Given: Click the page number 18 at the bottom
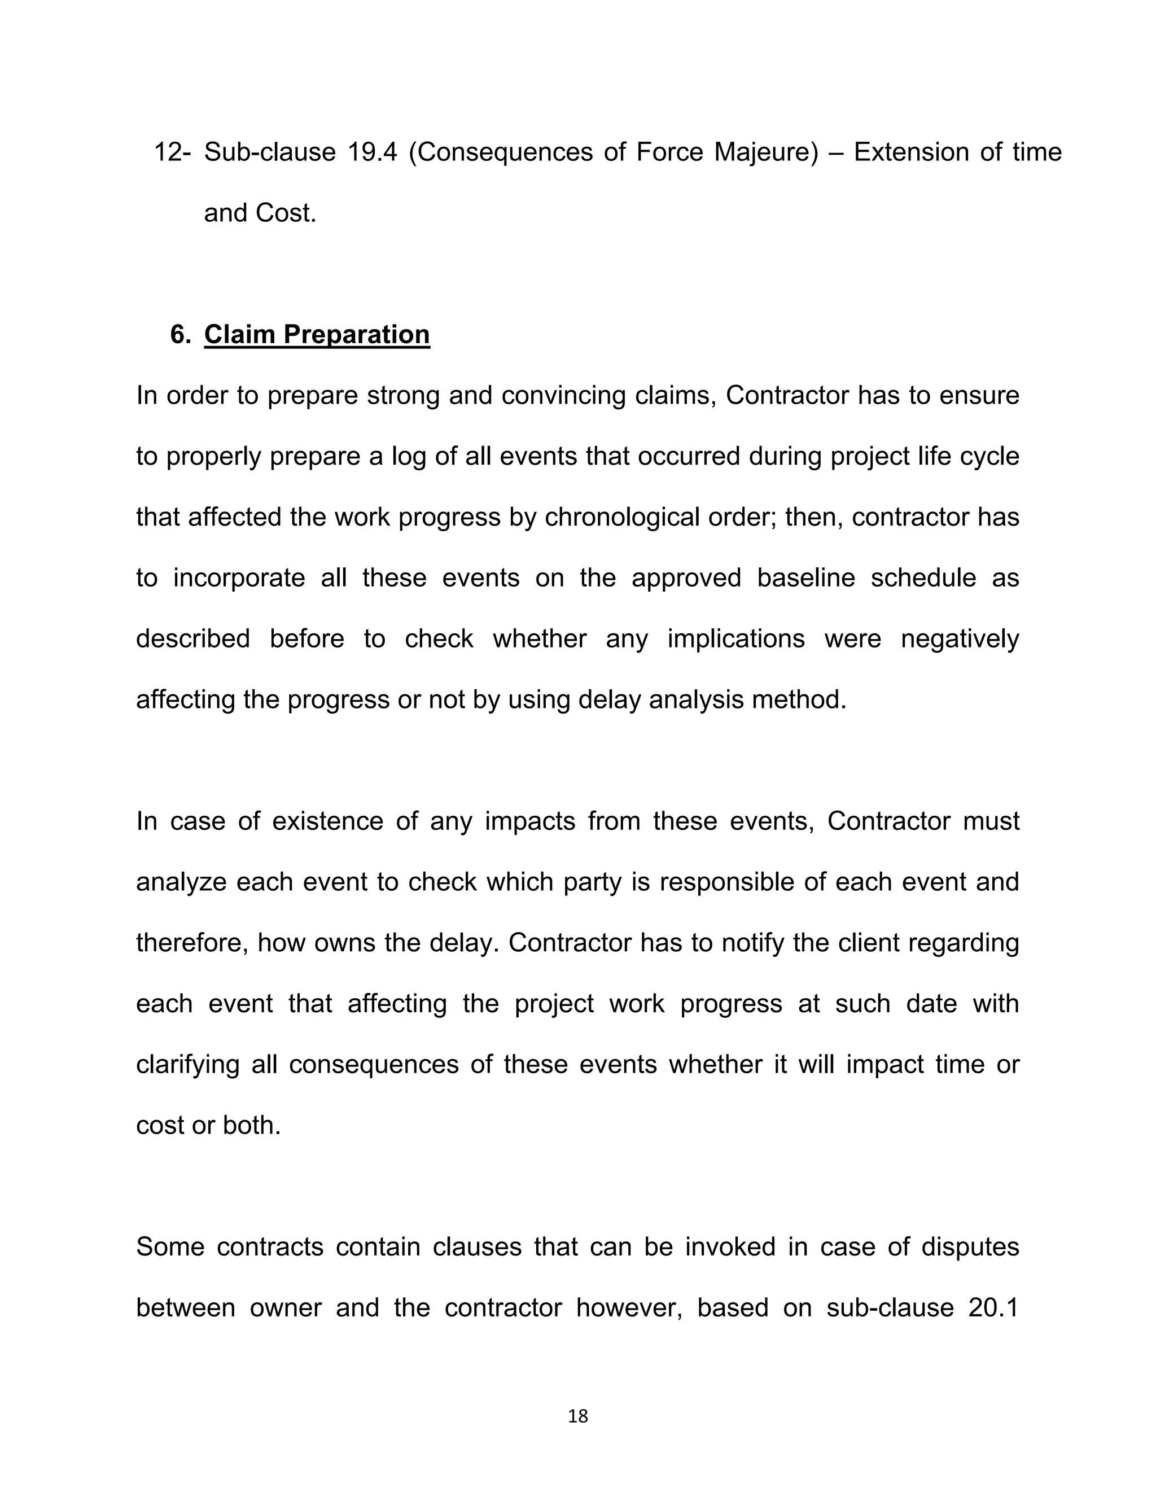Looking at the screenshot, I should [578, 1416].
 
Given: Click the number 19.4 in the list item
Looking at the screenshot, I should [372, 152].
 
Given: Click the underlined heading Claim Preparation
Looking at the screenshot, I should [317, 334].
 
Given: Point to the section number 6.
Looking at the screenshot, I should [180, 334].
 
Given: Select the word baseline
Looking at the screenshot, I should [805, 578].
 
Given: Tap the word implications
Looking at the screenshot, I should [735, 639].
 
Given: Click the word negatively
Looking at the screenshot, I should [960, 639].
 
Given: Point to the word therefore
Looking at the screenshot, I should [192, 943].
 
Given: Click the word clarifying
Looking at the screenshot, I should [187, 1065].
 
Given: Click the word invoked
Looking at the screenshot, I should [729, 1248].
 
